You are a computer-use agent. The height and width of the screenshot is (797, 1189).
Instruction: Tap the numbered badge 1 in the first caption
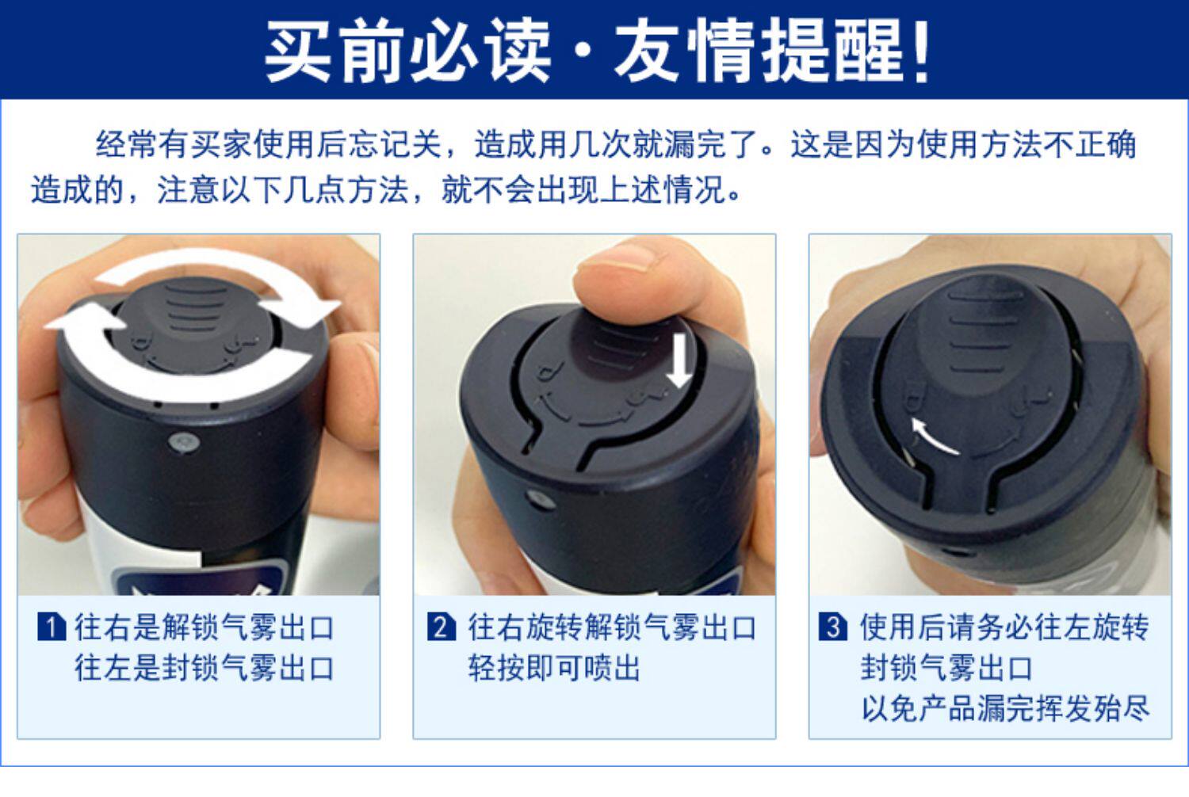coord(52,627)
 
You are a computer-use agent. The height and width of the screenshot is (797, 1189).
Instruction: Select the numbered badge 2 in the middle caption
coord(441,627)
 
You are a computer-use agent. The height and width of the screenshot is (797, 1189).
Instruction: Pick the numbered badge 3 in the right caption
coord(832,627)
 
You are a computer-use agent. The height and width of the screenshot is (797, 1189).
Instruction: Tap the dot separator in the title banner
coord(583,52)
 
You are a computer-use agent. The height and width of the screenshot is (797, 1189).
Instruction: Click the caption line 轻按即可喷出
coord(555,668)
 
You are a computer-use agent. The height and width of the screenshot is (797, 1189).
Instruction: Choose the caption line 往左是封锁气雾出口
coord(205,668)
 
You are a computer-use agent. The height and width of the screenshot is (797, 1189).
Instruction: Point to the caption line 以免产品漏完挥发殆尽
coord(1005,707)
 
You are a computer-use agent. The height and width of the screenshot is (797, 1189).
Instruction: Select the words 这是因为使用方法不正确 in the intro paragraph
coord(963,144)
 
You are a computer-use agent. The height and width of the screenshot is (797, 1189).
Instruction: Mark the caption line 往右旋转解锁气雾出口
coord(612,627)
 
